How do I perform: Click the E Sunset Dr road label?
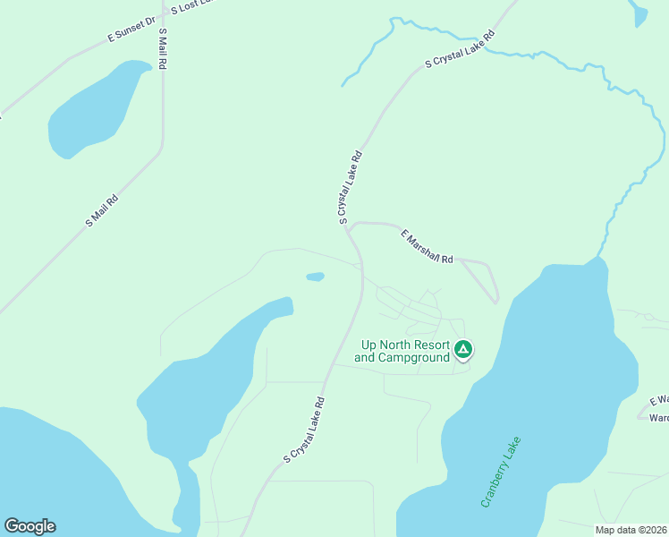(x=131, y=28)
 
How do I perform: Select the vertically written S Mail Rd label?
(x=163, y=49)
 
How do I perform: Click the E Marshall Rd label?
(x=427, y=247)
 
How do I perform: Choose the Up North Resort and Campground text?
(x=402, y=351)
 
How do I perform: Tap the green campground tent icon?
(x=462, y=349)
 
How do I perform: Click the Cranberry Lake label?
(x=500, y=472)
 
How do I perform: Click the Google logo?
(x=30, y=526)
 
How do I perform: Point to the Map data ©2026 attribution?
(x=631, y=530)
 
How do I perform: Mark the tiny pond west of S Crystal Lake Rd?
(x=315, y=277)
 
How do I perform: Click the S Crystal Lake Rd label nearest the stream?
(x=460, y=50)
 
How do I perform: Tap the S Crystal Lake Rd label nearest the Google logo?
(x=304, y=430)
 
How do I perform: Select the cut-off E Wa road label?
(x=659, y=400)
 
